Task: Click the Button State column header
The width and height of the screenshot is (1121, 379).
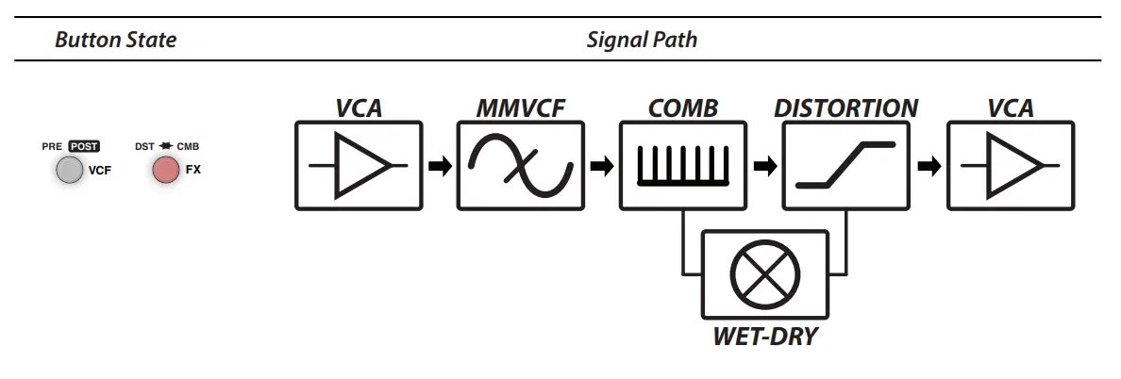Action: (x=115, y=40)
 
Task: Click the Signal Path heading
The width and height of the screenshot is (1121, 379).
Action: (x=642, y=40)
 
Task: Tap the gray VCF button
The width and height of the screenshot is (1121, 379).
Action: (x=70, y=171)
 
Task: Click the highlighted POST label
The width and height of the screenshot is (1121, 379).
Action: (x=84, y=147)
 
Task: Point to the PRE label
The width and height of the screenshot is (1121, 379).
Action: (x=52, y=147)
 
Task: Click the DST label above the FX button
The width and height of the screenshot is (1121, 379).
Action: (x=144, y=147)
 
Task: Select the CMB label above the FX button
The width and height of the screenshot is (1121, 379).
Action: (x=188, y=147)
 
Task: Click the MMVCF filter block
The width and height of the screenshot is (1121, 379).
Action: (x=521, y=166)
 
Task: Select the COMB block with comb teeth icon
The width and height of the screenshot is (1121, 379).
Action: (x=683, y=166)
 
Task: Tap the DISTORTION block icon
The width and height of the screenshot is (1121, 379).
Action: (x=845, y=166)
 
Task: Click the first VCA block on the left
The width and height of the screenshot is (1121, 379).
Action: (x=359, y=166)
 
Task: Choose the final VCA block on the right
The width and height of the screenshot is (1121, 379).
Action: (x=1010, y=166)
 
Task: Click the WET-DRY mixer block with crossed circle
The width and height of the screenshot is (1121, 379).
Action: (x=764, y=274)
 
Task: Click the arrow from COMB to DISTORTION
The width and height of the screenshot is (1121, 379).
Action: (x=765, y=167)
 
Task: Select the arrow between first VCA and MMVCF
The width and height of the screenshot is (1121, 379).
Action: (x=439, y=167)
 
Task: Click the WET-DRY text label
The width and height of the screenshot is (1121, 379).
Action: (x=764, y=336)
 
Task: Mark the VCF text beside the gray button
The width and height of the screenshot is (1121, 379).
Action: (x=100, y=172)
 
